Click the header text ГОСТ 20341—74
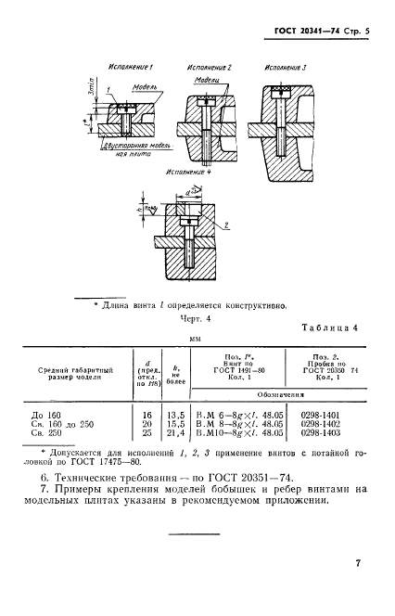point(306,32)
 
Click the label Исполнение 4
point(189,173)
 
